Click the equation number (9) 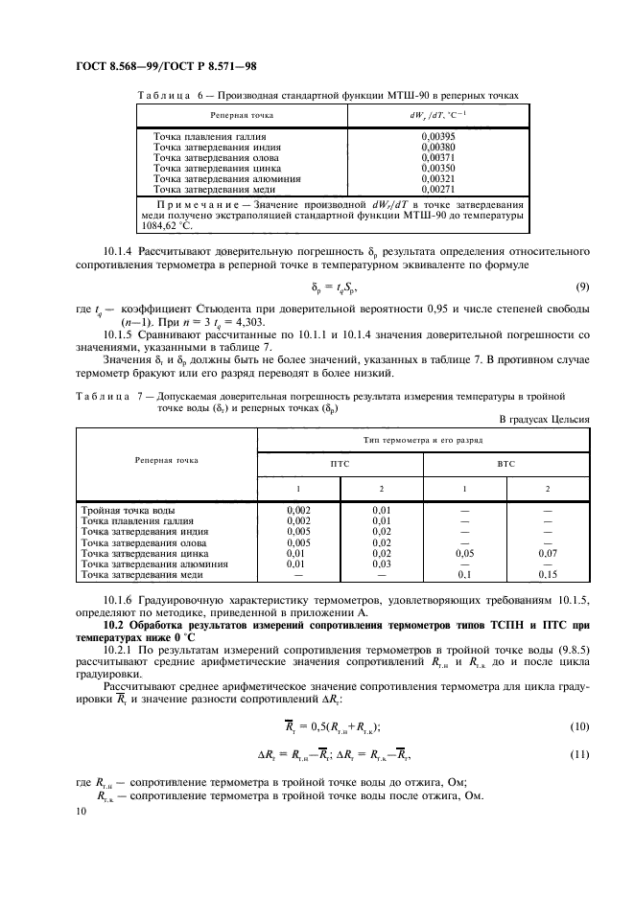pyautogui.click(x=582, y=287)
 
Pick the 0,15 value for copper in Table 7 pyautogui.click(x=548, y=575)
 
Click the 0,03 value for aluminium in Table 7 pyautogui.click(x=382, y=564)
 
